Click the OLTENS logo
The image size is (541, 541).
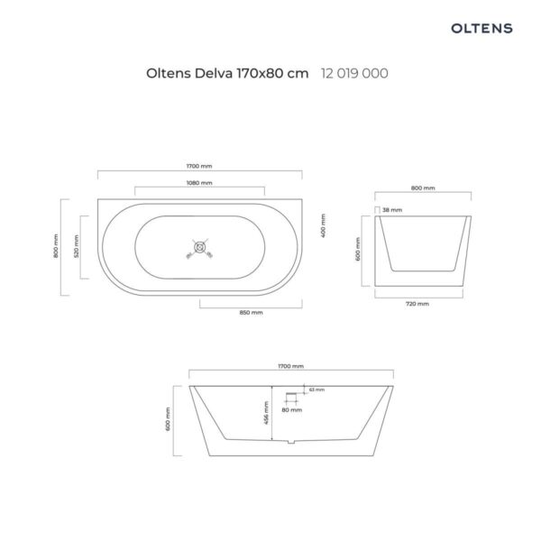[x=481, y=28]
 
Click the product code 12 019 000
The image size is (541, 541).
[x=354, y=73]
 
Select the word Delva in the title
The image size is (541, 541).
[x=213, y=73]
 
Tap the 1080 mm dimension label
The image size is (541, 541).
[x=199, y=183]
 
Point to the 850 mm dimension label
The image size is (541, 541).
[x=252, y=313]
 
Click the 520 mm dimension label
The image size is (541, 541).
[x=77, y=246]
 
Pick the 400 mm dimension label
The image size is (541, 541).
[x=324, y=225]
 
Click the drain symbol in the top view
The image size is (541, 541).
[x=200, y=247]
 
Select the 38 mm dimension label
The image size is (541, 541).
[x=392, y=210]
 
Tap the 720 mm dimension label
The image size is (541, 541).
[x=417, y=304]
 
